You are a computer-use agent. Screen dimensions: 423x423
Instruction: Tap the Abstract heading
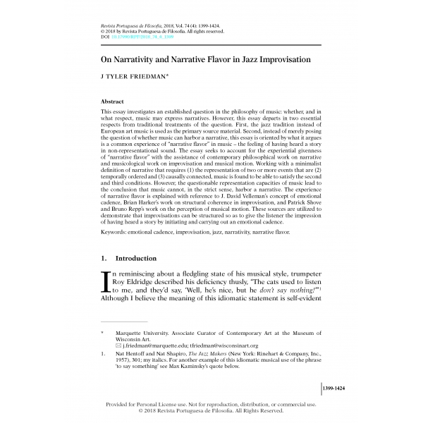tap(114, 102)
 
